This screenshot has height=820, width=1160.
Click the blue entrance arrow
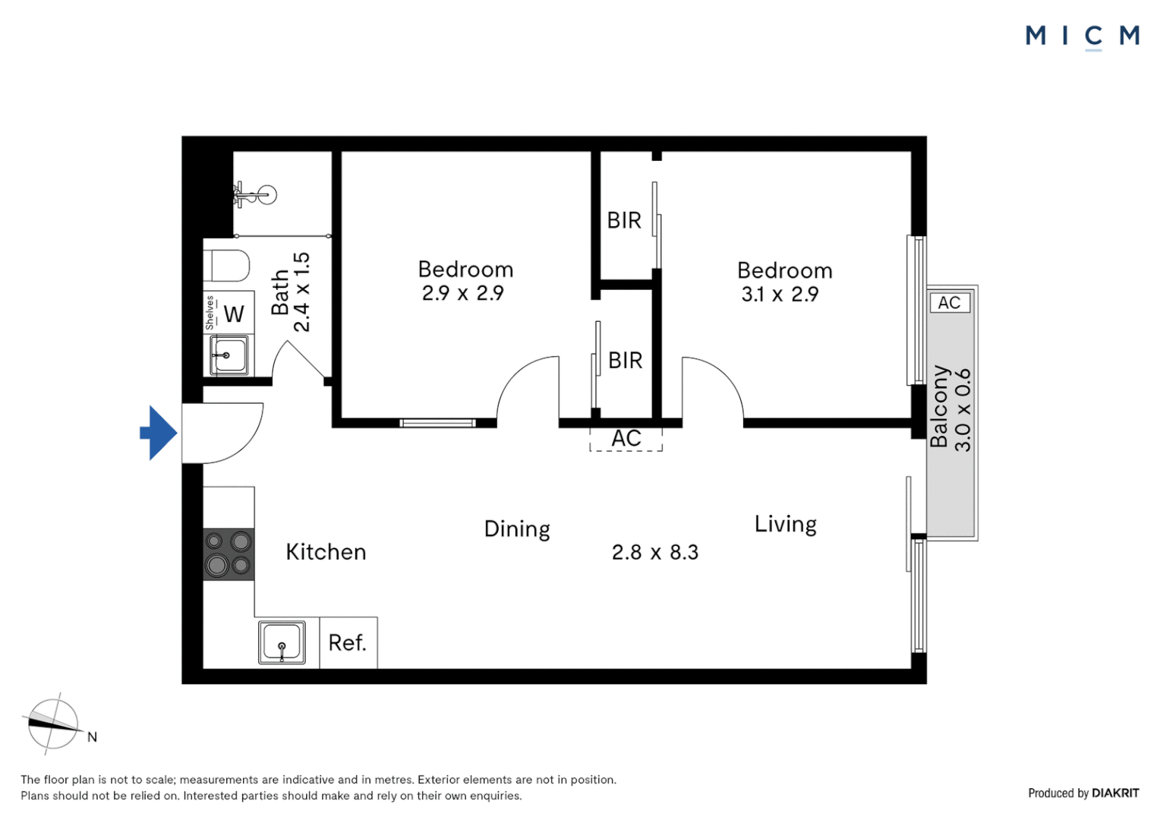[159, 433]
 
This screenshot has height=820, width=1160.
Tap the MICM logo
[1083, 36]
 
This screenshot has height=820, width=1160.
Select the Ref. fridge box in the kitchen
[348, 642]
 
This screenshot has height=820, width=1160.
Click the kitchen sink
[282, 642]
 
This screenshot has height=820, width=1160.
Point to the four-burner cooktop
[229, 554]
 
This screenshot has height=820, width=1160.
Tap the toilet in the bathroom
[226, 266]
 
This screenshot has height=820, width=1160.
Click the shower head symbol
[256, 195]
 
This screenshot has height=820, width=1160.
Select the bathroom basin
[229, 355]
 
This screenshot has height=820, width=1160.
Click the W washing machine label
[234, 314]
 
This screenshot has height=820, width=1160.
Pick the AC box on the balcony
[949, 302]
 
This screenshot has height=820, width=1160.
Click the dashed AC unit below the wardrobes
[626, 439]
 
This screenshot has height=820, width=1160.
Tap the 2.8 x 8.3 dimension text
[655, 552]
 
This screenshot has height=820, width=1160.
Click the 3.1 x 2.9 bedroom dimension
[780, 295]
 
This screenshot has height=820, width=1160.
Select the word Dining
[517, 529]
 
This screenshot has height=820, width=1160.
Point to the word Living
[786, 524]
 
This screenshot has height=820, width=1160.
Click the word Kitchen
[326, 552]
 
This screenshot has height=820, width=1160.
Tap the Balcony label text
[939, 407]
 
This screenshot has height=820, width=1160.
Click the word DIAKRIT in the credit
[1115, 793]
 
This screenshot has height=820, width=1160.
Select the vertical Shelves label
[210, 312]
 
